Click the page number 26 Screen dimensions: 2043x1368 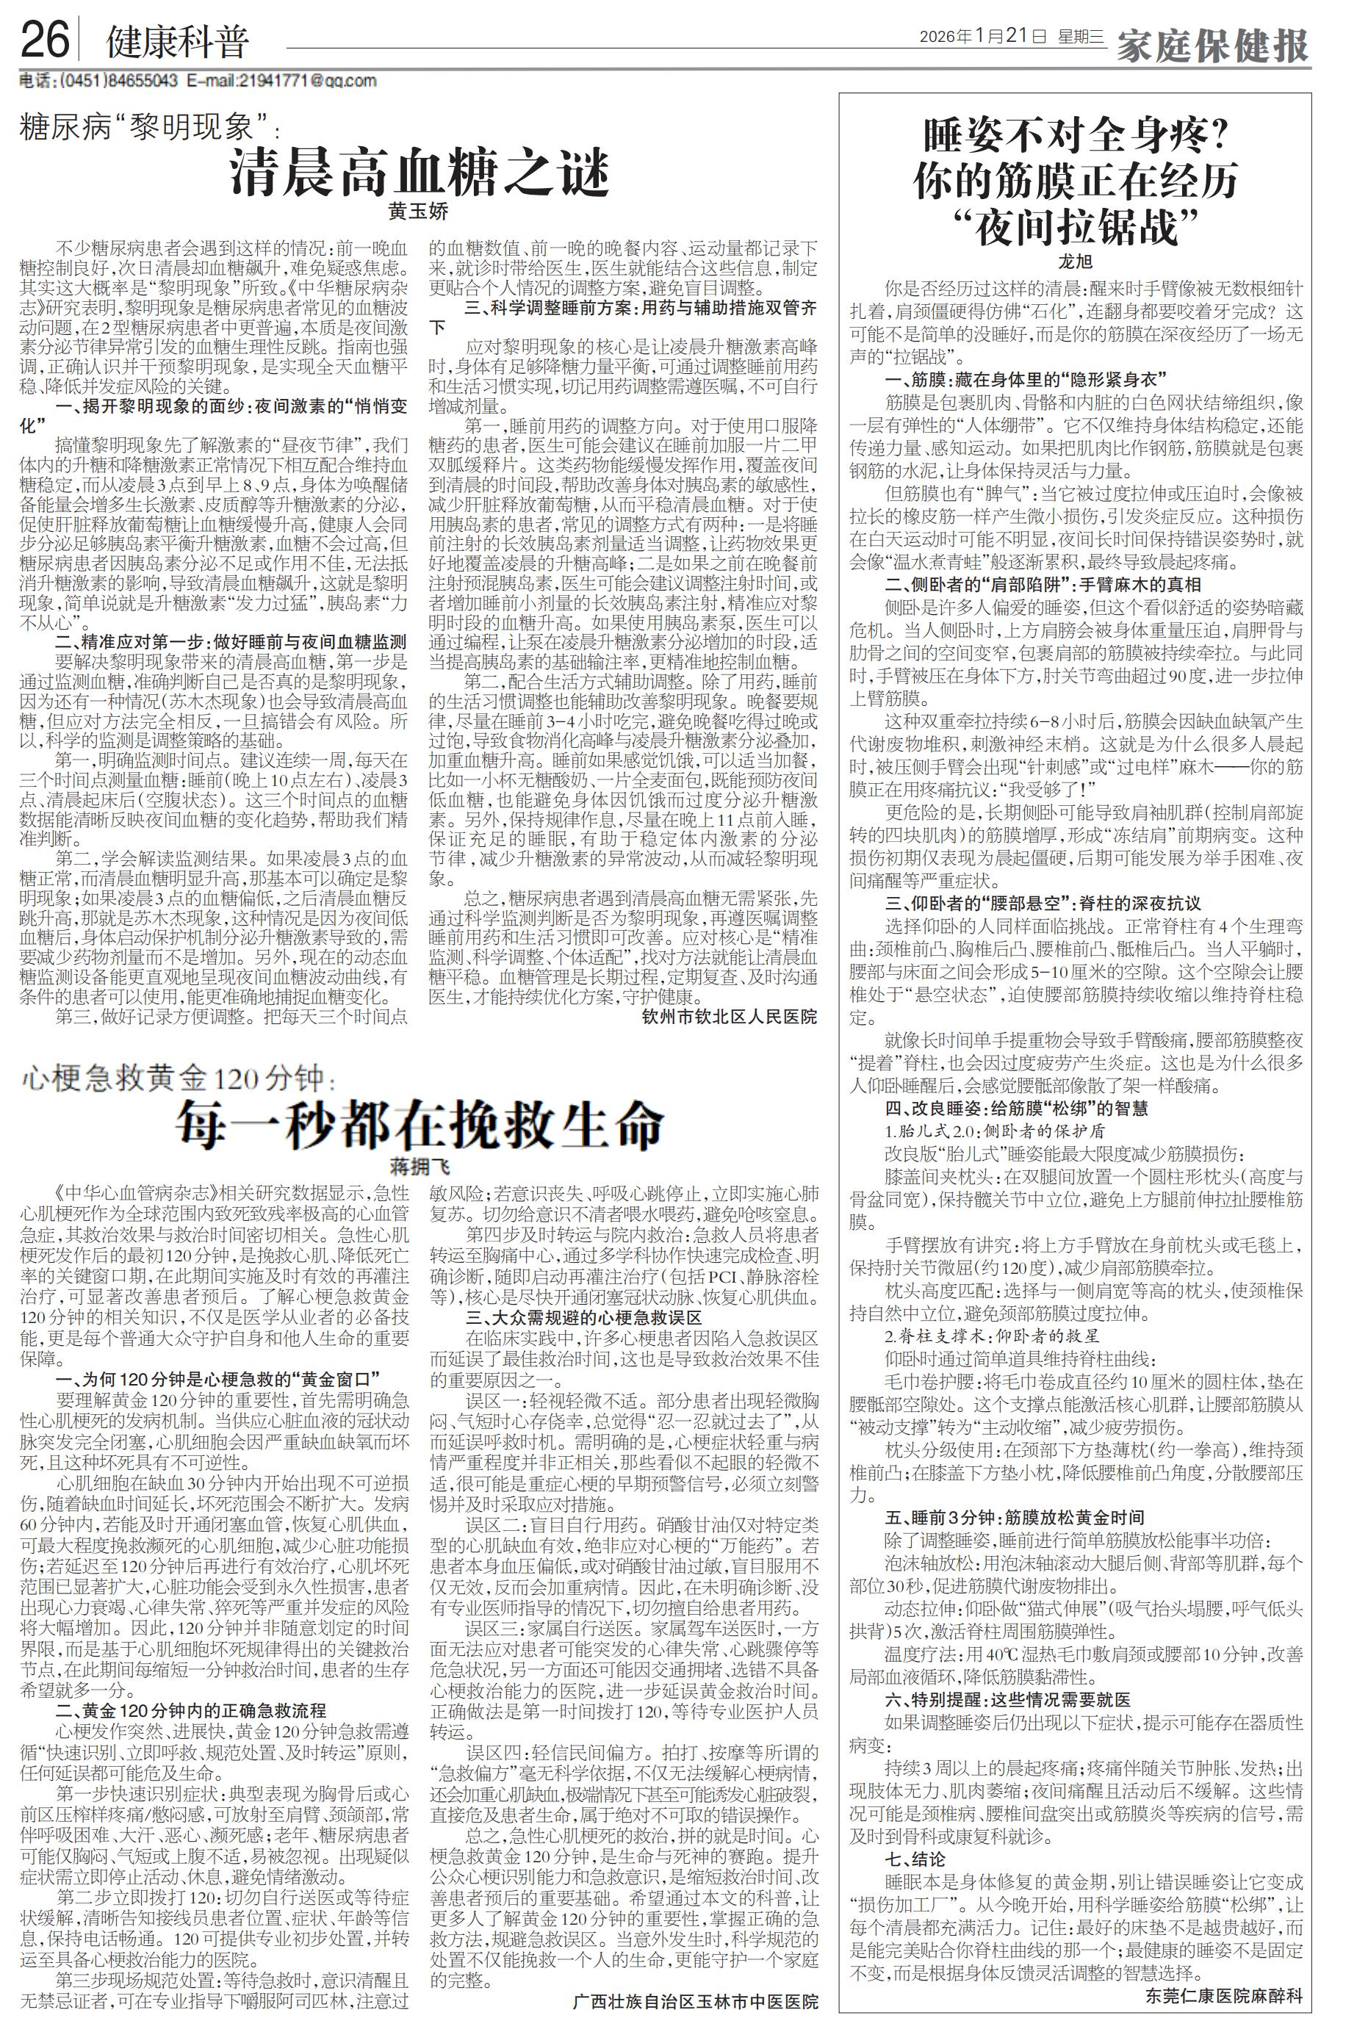click(43, 40)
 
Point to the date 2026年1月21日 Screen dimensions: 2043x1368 click(982, 37)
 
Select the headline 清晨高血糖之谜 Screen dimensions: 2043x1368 click(419, 173)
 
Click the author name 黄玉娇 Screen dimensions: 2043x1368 click(419, 210)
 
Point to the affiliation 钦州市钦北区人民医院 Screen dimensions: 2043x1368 click(730, 1016)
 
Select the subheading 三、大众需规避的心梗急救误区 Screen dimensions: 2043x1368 click(583, 1317)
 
